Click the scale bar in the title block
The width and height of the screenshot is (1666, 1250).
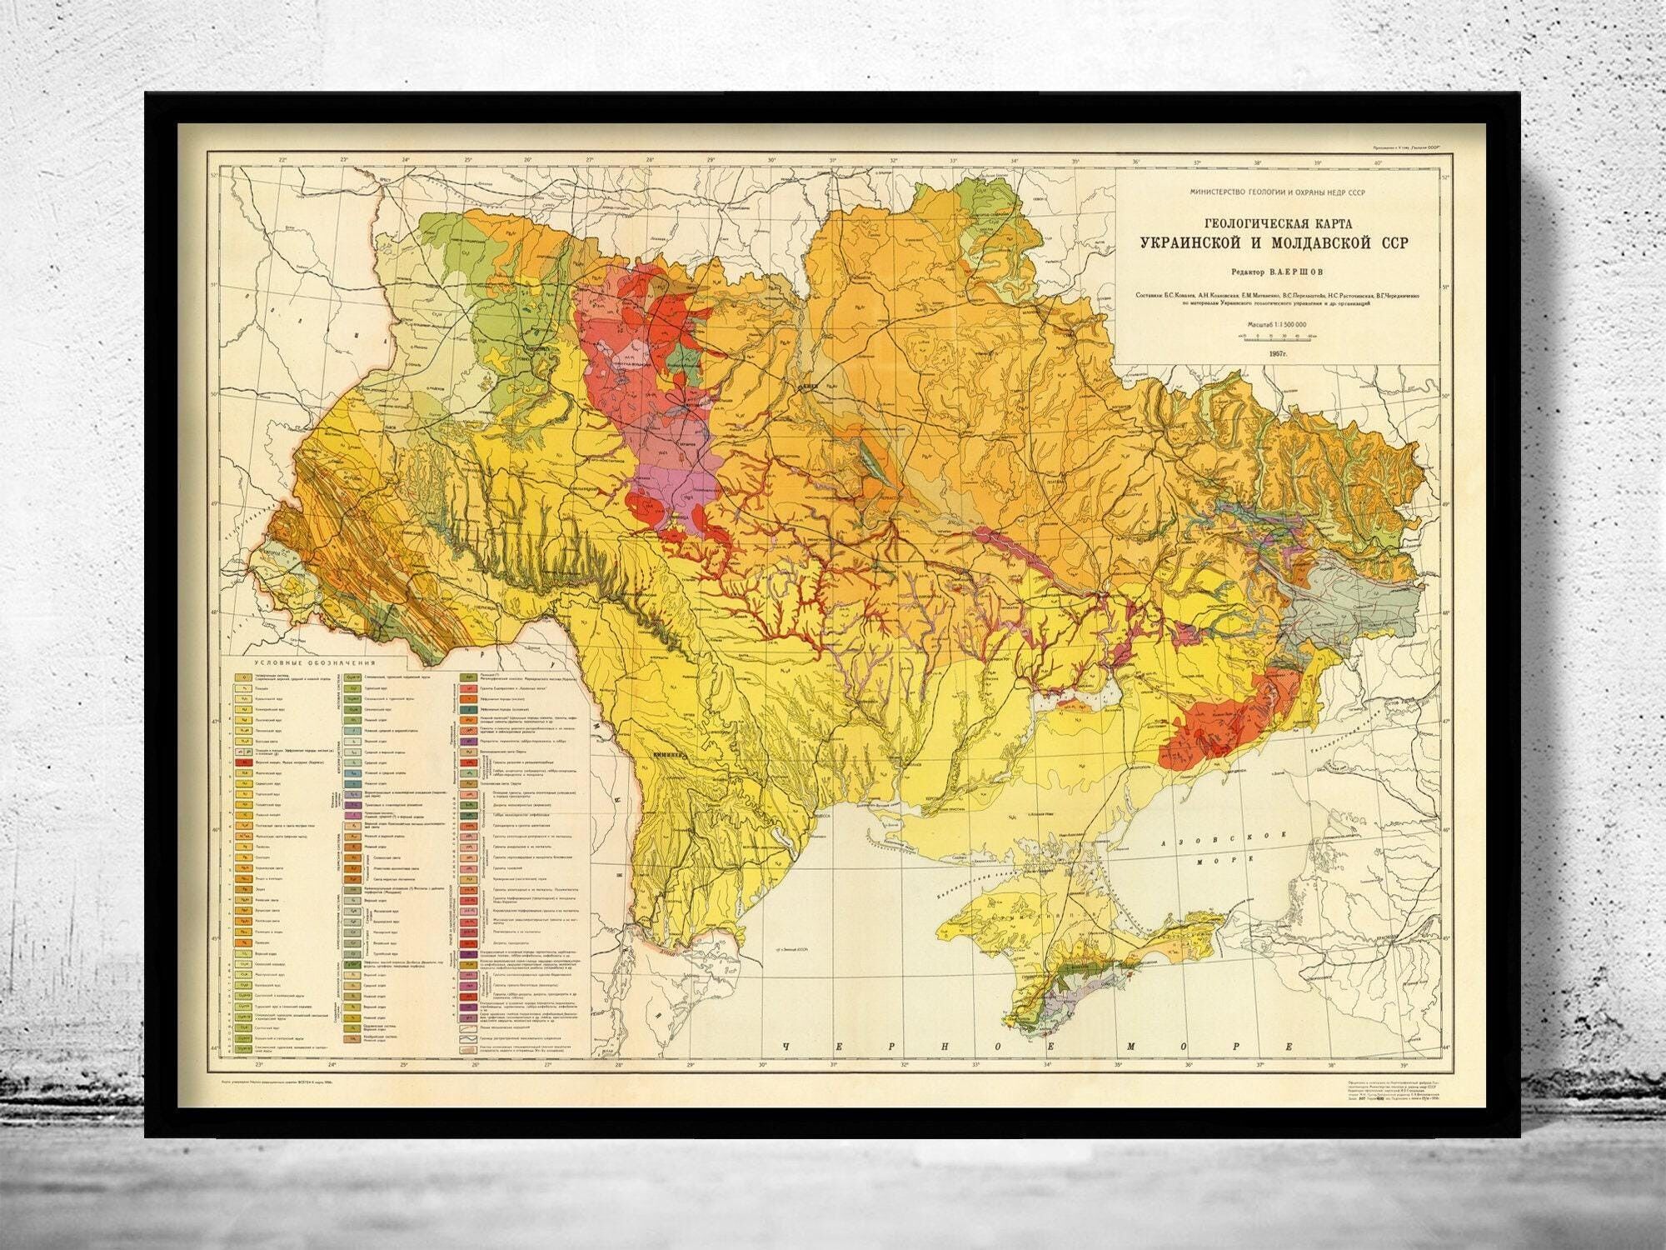click(1281, 335)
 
